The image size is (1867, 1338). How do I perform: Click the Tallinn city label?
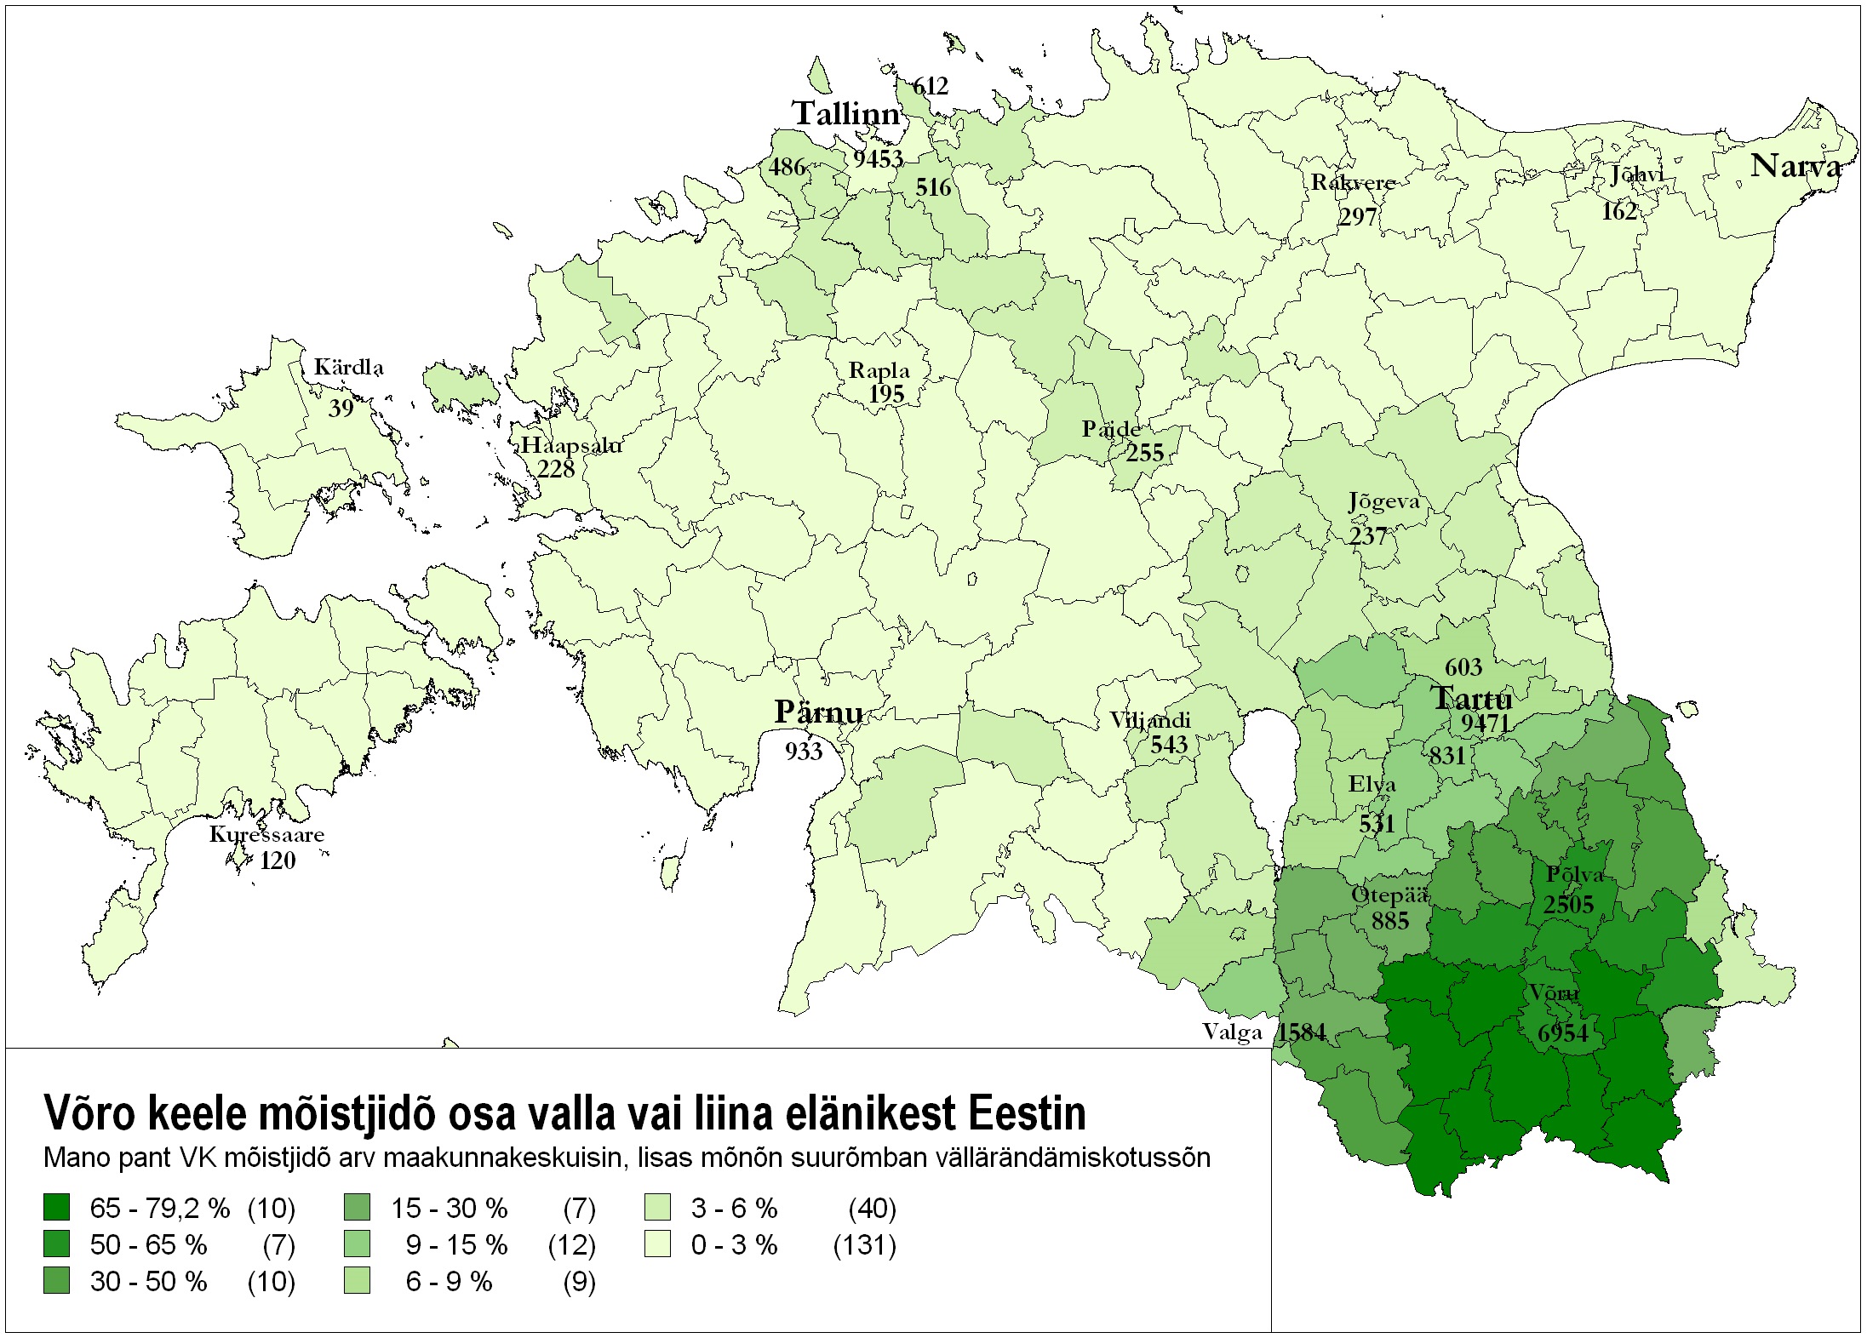(845, 114)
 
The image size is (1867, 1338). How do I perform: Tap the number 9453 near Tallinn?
(878, 159)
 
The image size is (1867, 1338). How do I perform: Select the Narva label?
(1795, 166)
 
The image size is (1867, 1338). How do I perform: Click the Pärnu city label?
(818, 712)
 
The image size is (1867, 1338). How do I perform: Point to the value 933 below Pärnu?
(804, 751)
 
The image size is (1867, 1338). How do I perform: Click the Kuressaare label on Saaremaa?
(266, 834)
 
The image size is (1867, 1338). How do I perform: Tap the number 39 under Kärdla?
(341, 409)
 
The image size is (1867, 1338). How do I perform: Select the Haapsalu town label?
(570, 445)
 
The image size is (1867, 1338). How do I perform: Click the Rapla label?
(879, 371)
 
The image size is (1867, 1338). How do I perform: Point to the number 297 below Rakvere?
(1357, 217)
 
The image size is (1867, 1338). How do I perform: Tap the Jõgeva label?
(1383, 502)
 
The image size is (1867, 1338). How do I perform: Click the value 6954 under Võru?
(1562, 1033)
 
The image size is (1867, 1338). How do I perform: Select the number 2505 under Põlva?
(1568, 904)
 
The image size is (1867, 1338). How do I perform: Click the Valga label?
(1232, 1032)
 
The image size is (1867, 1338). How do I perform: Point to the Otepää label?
(1389, 895)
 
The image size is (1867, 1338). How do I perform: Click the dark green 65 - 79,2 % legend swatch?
(56, 1207)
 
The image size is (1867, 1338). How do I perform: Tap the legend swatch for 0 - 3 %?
(657, 1244)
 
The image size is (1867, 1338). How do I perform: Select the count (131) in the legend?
(864, 1245)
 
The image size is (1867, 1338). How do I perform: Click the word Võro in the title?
(90, 1113)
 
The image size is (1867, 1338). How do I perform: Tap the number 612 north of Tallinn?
(930, 86)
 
